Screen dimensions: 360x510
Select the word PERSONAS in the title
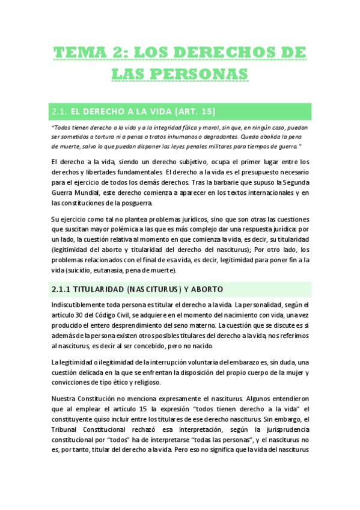[x=197, y=74]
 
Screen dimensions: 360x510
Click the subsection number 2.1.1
[x=63, y=289]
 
